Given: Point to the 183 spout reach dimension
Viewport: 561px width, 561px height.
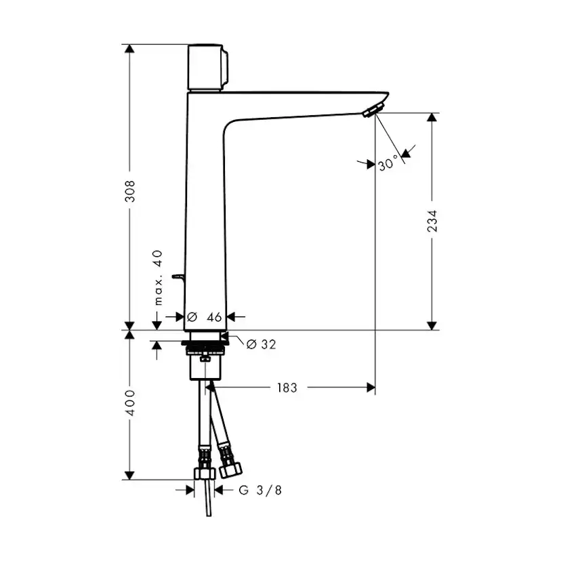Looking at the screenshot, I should (x=287, y=388).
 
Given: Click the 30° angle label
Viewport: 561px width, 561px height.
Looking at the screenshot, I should (x=389, y=163).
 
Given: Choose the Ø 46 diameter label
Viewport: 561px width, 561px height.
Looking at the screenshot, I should (x=205, y=316).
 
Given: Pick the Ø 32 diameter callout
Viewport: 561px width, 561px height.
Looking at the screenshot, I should (x=261, y=345).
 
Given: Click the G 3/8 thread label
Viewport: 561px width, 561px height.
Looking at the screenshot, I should (x=260, y=490).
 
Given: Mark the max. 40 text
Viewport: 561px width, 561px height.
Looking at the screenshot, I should (x=157, y=277).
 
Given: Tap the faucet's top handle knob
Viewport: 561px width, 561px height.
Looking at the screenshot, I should (x=208, y=68).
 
